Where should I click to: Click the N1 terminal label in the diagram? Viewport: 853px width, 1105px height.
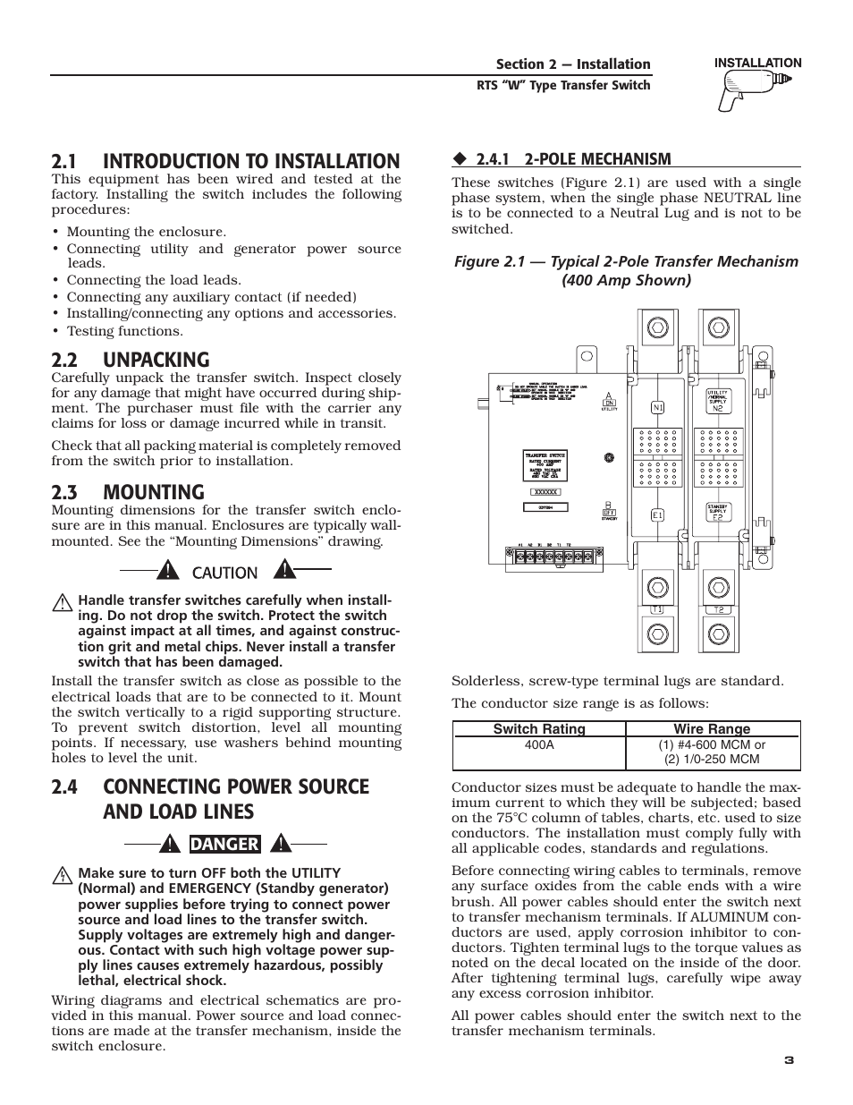pyautogui.click(x=657, y=408)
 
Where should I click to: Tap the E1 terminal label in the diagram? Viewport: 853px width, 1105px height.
pyautogui.click(x=657, y=515)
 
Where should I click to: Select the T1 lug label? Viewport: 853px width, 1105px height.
pyautogui.click(x=657, y=610)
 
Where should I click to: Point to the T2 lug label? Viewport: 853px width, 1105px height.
pyautogui.click(x=718, y=610)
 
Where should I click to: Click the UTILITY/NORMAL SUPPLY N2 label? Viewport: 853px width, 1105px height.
pyautogui.click(x=718, y=400)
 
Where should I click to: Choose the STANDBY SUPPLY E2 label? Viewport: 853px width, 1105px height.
pyautogui.click(x=718, y=511)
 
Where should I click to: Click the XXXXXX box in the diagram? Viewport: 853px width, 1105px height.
pyautogui.click(x=545, y=491)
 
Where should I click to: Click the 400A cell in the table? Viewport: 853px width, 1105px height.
pyautogui.click(x=539, y=744)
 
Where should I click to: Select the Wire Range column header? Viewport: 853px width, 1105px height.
pyautogui.click(x=712, y=729)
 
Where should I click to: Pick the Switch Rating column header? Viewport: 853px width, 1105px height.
pyautogui.click(x=539, y=729)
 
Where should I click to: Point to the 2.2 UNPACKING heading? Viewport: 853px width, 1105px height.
pyautogui.click(x=131, y=360)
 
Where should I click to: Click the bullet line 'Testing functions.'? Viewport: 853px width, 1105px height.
pyautogui.click(x=124, y=331)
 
